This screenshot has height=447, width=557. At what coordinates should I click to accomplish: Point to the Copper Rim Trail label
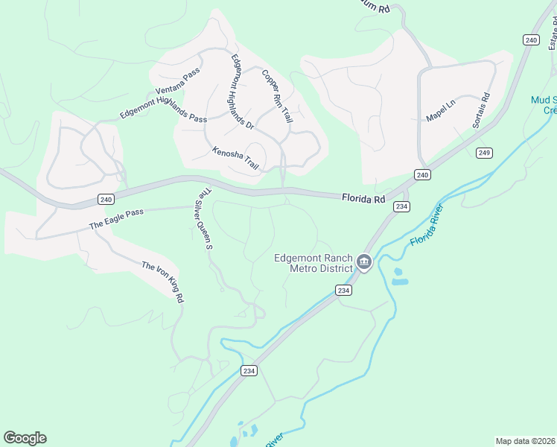click(x=277, y=96)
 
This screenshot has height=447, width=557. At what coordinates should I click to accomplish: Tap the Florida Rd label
click(x=363, y=199)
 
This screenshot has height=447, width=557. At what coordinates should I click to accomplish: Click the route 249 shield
click(x=484, y=153)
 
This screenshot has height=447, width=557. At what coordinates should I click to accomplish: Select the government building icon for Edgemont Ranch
click(x=364, y=262)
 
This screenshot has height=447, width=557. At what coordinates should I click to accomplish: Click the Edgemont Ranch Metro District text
click(x=313, y=263)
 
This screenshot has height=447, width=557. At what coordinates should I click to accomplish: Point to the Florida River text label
click(x=431, y=226)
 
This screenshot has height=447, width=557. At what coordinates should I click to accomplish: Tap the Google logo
click(x=25, y=437)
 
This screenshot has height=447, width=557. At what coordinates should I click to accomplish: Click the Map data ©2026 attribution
click(x=525, y=441)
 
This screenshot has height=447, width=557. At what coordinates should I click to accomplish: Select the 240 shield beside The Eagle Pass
click(x=105, y=199)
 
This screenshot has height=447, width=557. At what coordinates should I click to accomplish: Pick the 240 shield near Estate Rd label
click(x=530, y=39)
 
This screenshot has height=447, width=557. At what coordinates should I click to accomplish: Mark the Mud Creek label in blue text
click(x=544, y=105)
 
